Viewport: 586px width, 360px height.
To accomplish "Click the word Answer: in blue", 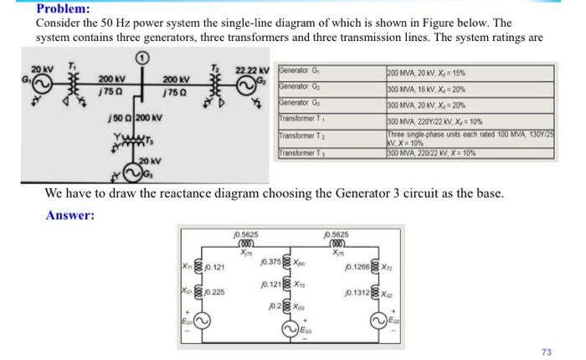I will [70, 215].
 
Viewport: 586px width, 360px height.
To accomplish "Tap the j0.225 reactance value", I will [214, 292].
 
